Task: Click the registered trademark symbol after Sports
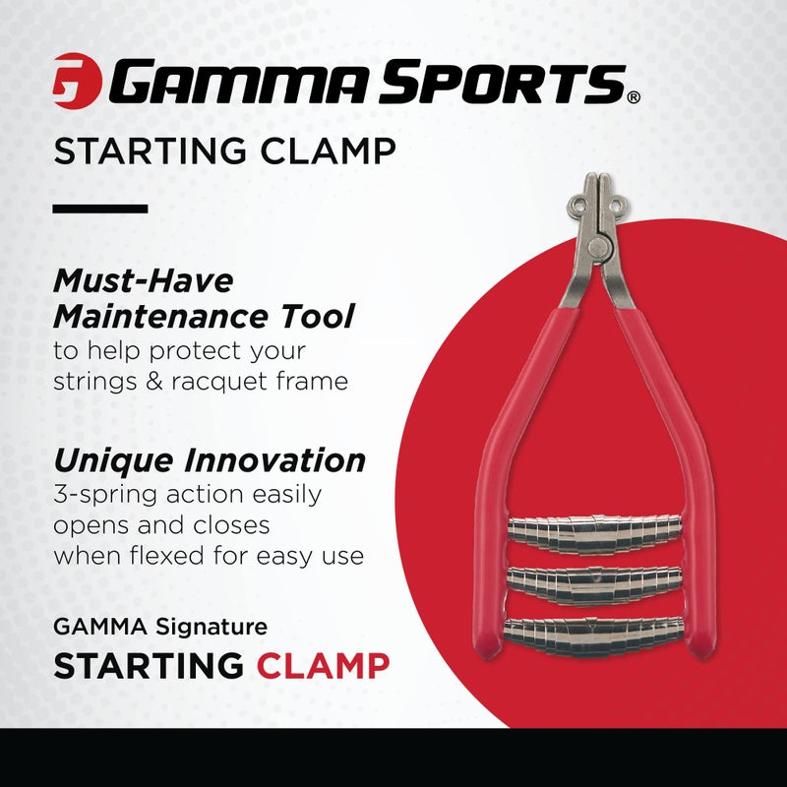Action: (x=634, y=97)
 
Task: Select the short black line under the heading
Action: (x=99, y=209)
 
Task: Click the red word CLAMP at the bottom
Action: (x=324, y=665)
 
